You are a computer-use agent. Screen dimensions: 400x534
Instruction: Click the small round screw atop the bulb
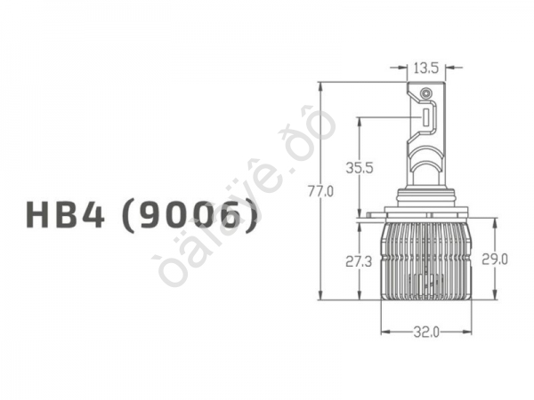tap(426, 92)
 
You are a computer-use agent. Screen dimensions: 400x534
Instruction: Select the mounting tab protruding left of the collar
tap(369, 216)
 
